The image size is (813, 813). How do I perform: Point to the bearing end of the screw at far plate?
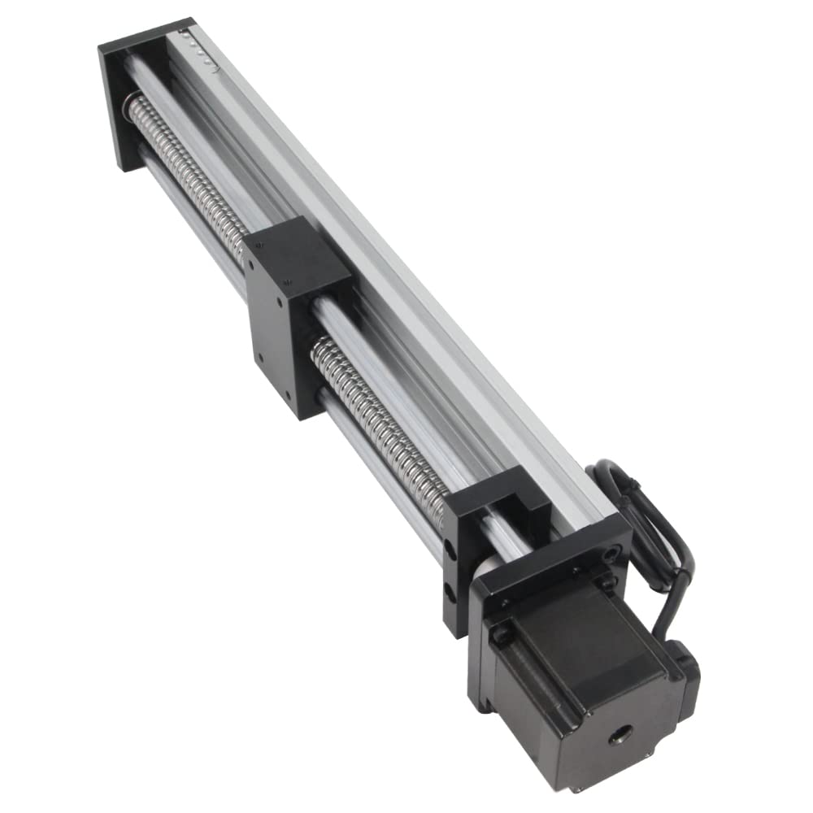[x=130, y=106]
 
